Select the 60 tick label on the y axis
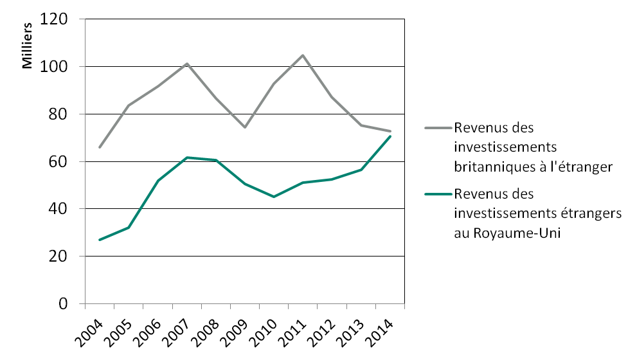click(62, 161)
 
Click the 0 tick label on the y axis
click(65, 303)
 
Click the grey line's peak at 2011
click(302, 55)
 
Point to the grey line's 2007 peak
click(186, 64)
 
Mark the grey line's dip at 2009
click(244, 127)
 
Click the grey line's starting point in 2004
click(99, 147)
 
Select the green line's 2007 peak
click(186, 157)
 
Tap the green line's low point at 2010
click(273, 197)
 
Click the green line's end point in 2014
click(390, 136)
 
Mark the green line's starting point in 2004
click(99, 240)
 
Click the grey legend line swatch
click(437, 127)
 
